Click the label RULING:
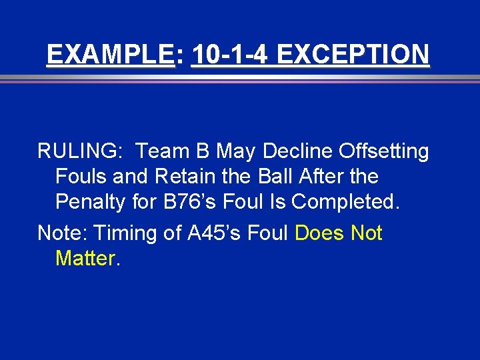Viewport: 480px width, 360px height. tap(79, 152)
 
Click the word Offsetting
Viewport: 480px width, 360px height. tap(383, 152)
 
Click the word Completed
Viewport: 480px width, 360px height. tap(346, 201)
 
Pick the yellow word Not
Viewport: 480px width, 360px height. tap(366, 233)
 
